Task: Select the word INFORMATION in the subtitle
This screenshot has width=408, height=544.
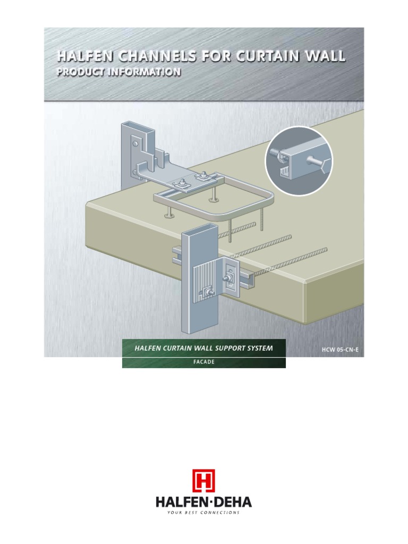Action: click(143, 72)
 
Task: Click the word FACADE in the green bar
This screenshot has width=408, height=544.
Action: click(203, 363)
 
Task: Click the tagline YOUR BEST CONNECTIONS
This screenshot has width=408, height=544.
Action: click(203, 513)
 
